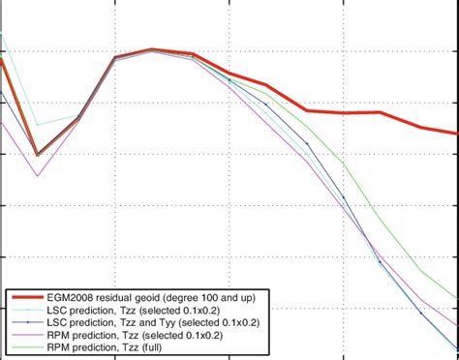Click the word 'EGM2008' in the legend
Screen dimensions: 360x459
pos(81,296)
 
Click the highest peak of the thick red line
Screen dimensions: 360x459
pos(152,49)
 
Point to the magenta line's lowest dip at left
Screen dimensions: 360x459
pos(37,176)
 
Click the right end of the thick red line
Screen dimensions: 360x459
pos(456,134)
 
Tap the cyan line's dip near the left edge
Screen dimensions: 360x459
pos(37,125)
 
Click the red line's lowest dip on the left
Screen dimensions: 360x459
pos(37,154)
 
